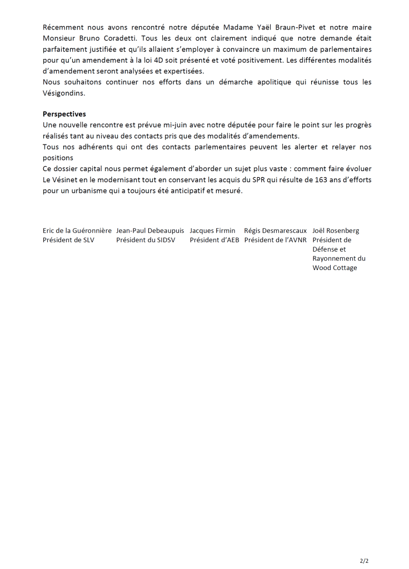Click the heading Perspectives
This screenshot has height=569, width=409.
click(x=64, y=114)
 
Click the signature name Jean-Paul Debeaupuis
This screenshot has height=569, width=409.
click(x=150, y=230)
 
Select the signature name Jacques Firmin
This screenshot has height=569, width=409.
click(x=212, y=230)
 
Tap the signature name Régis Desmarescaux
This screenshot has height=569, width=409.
click(x=275, y=230)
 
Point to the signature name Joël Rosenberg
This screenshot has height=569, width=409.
click(x=336, y=230)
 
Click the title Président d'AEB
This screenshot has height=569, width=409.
click(x=215, y=241)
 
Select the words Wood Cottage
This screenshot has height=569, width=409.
click(x=335, y=268)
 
